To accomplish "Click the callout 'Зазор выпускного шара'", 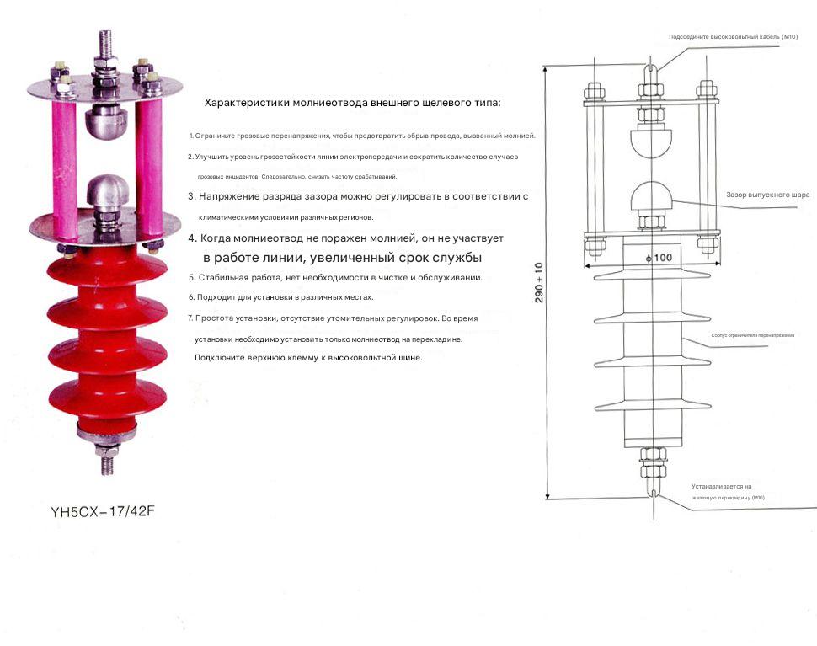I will pyautogui.click(x=767, y=195).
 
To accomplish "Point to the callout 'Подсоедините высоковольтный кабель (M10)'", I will pyautogui.click(x=732, y=37).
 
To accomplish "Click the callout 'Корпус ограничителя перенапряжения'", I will pyautogui.click(x=752, y=335).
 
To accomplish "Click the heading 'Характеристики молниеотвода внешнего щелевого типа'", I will pyautogui.click(x=352, y=103).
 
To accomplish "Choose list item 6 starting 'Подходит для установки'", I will pyautogui.click(x=280, y=297).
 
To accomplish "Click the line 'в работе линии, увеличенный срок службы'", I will pyautogui.click(x=342, y=258).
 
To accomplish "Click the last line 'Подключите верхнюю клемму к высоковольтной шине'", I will pyautogui.click(x=308, y=358).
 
